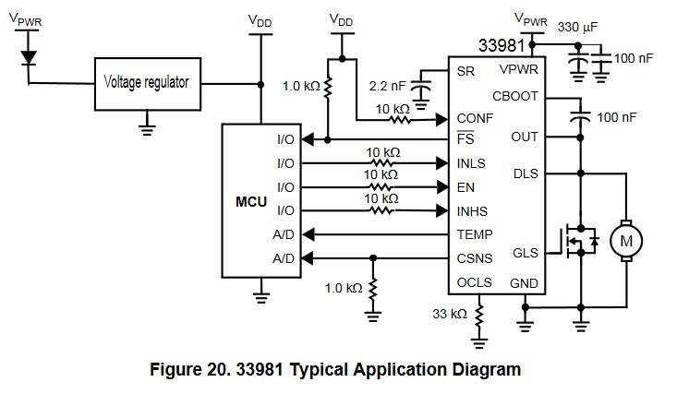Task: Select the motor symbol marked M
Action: pos(627,241)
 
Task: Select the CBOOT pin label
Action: pos(515,96)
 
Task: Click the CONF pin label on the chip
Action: pos(475,118)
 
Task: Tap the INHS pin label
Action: pos(474,210)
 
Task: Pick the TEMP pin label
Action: pos(475,234)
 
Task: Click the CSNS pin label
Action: pos(475,257)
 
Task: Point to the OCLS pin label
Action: pos(475,282)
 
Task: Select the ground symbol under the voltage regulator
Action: pos(147,122)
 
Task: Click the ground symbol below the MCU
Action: pos(260,295)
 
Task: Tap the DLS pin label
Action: pos(526,173)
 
